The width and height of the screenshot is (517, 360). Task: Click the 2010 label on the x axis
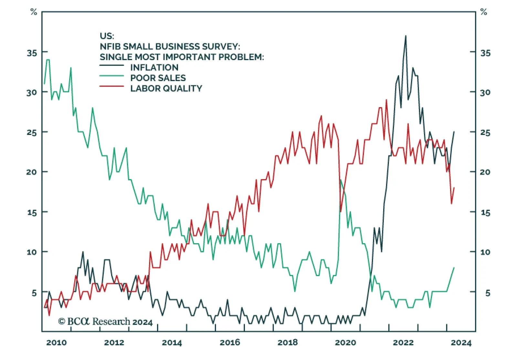pos(56,343)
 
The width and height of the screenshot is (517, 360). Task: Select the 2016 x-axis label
pos(230,343)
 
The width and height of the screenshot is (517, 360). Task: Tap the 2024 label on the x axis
pos(461,343)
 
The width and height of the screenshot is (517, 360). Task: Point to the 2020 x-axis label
pos(345,343)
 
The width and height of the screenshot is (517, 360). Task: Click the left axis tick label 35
pos(32,53)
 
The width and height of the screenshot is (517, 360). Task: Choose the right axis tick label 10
pos(485,252)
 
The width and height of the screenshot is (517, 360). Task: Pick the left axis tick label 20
pos(32,172)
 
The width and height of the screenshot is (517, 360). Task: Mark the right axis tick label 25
pos(485,132)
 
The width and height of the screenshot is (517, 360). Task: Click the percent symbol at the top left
pos(34,12)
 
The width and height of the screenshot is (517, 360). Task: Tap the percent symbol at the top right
pos(483,12)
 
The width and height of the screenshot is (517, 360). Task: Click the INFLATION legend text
pos(154,68)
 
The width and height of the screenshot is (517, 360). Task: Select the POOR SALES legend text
pos(158,78)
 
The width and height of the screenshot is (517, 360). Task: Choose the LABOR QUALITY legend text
pos(166,89)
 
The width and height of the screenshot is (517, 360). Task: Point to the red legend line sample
pos(111,86)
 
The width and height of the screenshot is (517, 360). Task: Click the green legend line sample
pos(111,76)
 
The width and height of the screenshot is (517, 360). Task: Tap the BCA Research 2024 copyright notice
pos(105,322)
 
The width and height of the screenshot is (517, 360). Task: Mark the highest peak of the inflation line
pos(406,36)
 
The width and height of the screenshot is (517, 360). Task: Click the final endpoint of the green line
pos(454,268)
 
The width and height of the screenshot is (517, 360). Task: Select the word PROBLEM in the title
pos(241,57)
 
